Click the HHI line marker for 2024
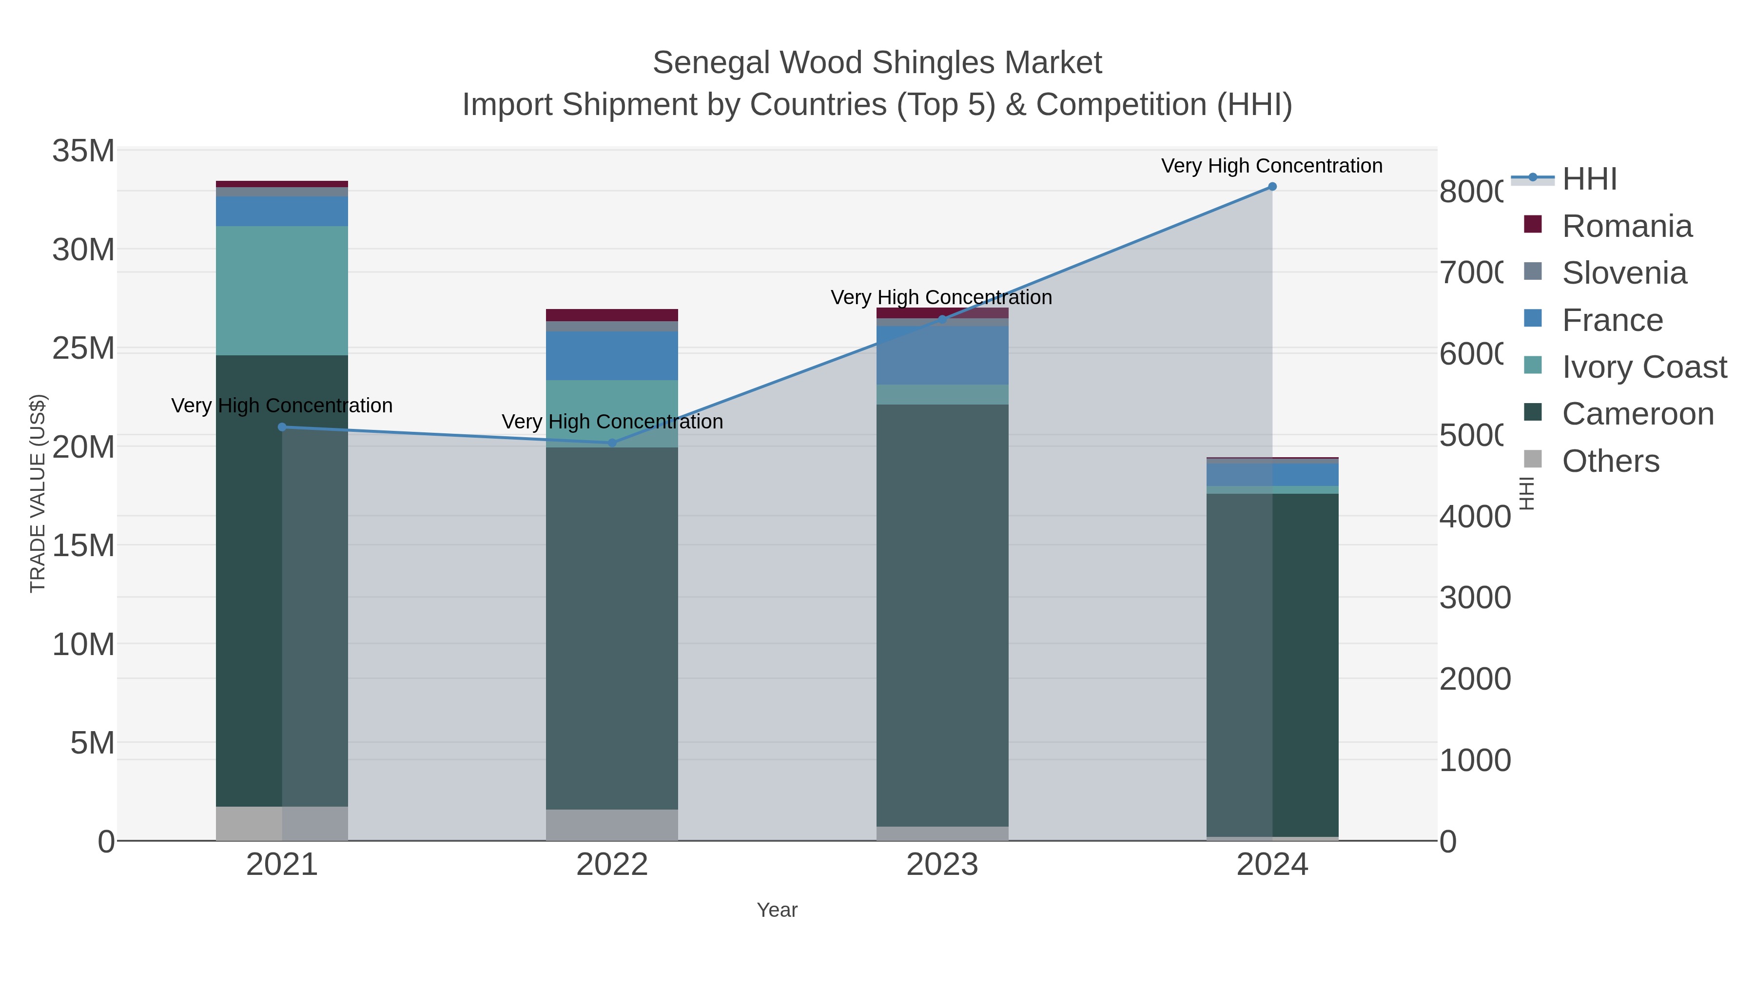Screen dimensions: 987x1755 (x=1272, y=187)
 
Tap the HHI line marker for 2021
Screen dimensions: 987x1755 (x=282, y=427)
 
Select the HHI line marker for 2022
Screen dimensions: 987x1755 (x=612, y=443)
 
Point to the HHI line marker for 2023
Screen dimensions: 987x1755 (x=942, y=319)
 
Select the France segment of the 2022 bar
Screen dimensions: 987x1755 (x=612, y=356)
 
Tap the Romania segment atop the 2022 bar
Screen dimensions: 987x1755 (x=612, y=315)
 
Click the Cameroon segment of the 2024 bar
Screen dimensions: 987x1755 (x=1272, y=664)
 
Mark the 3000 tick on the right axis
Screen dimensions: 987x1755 (x=1475, y=598)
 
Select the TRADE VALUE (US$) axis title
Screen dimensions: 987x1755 (x=38, y=493)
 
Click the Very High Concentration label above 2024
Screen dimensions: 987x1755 (x=1271, y=166)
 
